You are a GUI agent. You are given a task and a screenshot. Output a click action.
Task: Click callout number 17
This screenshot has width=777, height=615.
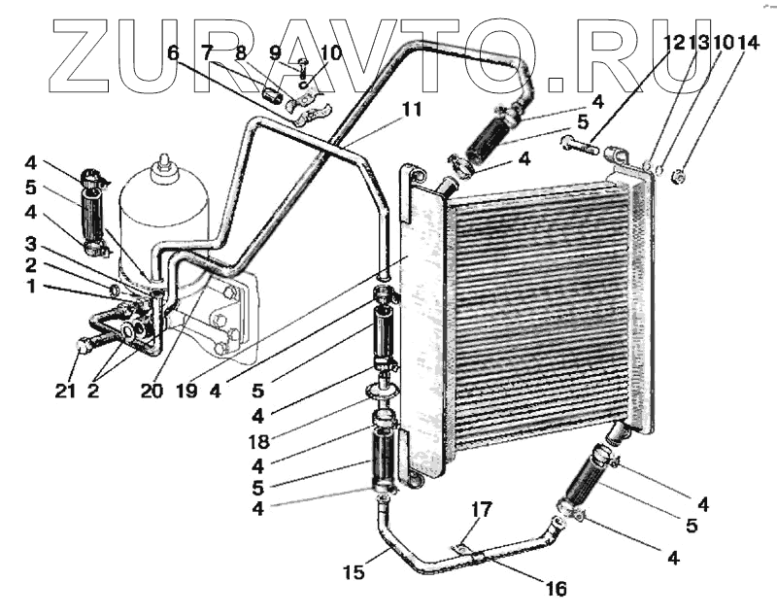[x=483, y=508]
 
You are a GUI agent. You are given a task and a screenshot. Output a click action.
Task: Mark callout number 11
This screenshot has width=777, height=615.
[x=412, y=110]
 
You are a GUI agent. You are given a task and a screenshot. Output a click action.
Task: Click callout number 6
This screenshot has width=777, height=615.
[x=173, y=53]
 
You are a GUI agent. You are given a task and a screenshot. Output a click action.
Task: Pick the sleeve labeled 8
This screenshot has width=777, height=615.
[x=275, y=96]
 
